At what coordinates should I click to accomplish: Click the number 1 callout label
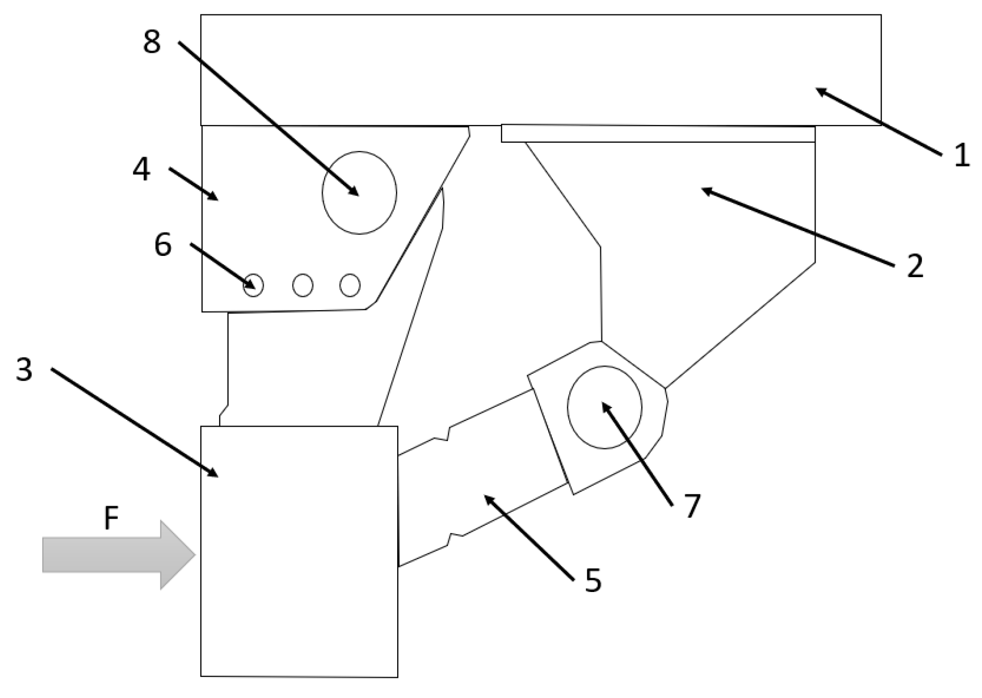[961, 155]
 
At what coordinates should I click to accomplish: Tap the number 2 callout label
[915, 266]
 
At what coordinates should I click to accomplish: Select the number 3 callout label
[24, 370]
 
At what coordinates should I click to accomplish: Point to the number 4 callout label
[141, 169]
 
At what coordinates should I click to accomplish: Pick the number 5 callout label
[593, 580]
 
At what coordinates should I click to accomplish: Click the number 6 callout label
[163, 245]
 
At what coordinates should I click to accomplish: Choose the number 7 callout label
[692, 505]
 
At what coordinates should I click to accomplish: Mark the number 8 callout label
[152, 42]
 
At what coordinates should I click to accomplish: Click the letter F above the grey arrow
[111, 519]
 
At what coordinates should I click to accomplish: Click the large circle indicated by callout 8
[359, 193]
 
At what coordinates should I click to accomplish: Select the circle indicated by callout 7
[605, 407]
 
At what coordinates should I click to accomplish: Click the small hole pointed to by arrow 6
[253, 285]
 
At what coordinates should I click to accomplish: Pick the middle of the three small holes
[303, 285]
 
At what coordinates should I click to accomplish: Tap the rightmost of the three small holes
[350, 285]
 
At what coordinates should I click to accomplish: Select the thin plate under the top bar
[658, 133]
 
